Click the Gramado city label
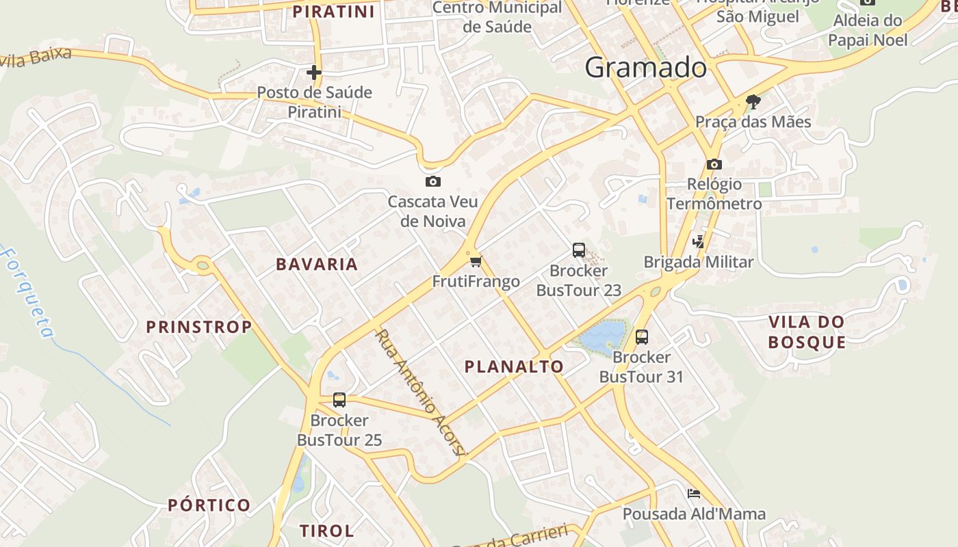tap(645, 68)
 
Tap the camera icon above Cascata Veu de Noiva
tap(432, 181)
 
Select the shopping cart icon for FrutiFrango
tap(476, 261)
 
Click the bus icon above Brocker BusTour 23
tap(579, 250)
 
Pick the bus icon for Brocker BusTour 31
tap(642, 336)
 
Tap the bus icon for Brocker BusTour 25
tap(339, 400)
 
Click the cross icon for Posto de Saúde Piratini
tap(314, 72)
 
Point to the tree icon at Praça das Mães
tap(753, 102)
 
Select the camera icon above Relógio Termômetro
tap(714, 164)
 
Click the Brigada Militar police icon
tap(698, 241)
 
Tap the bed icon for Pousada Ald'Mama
tap(694, 494)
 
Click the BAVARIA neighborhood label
tap(317, 265)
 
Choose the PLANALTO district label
tap(514, 366)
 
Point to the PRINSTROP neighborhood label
tap(199, 327)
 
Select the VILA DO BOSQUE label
tap(807, 332)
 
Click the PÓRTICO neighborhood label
tap(209, 505)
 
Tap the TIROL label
tap(327, 531)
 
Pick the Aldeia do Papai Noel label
tap(868, 30)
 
